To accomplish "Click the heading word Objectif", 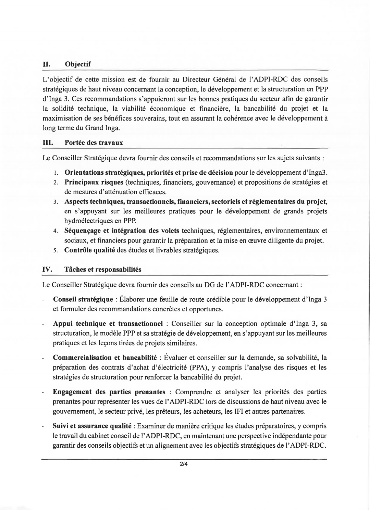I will pyautogui.click(x=78, y=64).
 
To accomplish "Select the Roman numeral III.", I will pyautogui.click(x=47, y=142).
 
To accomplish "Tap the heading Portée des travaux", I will pyautogui.click(x=94, y=142).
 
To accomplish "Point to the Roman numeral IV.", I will pyautogui.click(x=47, y=270).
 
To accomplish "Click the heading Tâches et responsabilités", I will pyautogui.click(x=103, y=270).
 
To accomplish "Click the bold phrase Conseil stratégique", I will pyautogui.click(x=83, y=299).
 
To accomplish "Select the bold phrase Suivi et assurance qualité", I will pyautogui.click(x=92, y=426).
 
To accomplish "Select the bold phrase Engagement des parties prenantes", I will pyautogui.click(x=109, y=392).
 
